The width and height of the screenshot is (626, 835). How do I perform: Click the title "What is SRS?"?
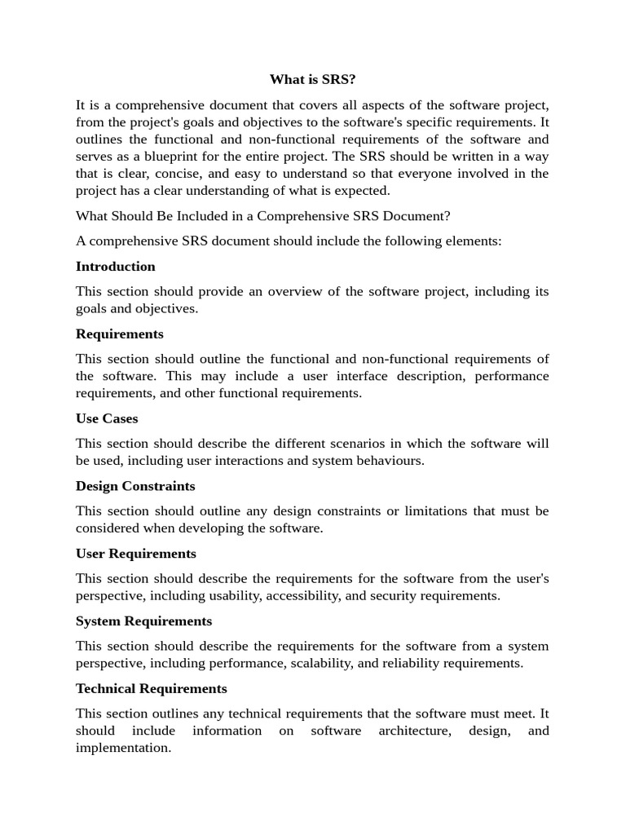point(313,80)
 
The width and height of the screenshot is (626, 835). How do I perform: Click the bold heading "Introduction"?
point(115,267)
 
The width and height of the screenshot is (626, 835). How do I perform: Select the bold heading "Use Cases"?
point(107,418)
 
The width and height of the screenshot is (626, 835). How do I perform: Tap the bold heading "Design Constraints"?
point(135,486)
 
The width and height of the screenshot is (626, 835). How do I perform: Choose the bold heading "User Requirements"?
point(136,554)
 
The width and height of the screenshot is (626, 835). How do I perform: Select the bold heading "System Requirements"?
point(143,621)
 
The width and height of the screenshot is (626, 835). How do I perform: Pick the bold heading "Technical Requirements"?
point(152,689)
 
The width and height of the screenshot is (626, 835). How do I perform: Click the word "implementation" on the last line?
point(122,748)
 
